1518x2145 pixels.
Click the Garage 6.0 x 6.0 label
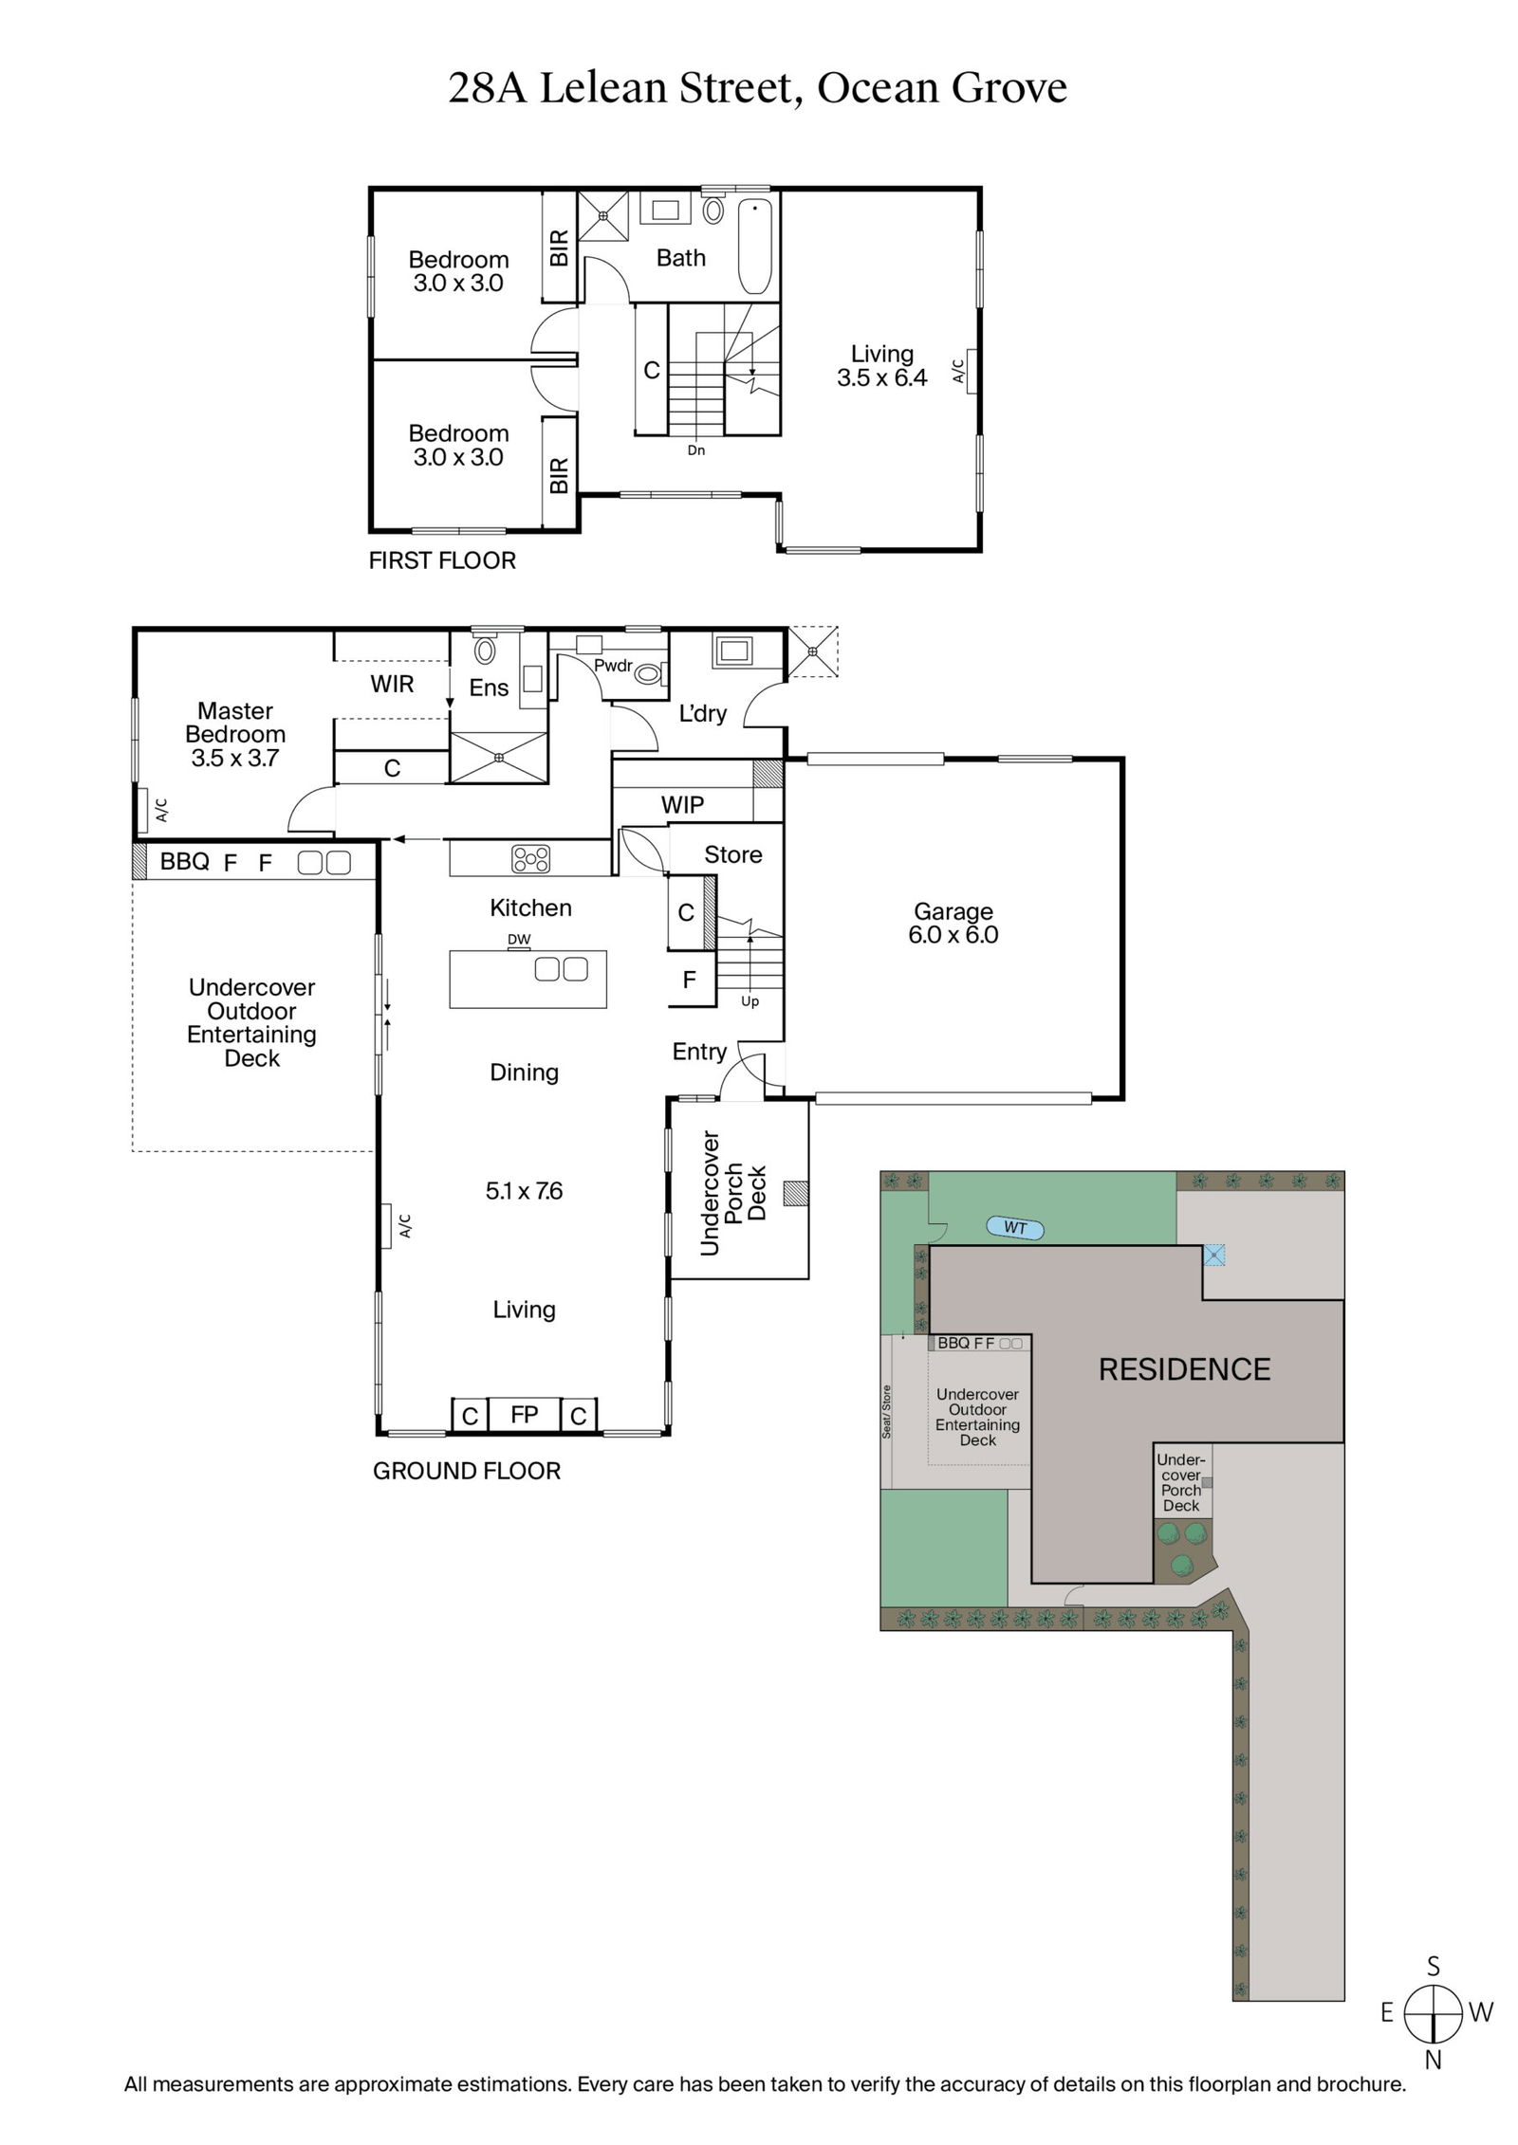click(953, 923)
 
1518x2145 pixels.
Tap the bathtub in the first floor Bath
click(756, 246)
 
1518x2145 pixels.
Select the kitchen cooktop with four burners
click(530, 858)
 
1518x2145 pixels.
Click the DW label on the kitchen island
click(519, 940)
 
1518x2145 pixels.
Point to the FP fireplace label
click(524, 1414)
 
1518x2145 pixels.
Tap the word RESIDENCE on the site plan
click(1184, 1369)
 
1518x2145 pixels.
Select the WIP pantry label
click(682, 805)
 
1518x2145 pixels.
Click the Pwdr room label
click(613, 666)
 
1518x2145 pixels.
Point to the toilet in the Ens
click(485, 649)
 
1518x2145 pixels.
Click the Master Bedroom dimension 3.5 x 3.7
click(235, 758)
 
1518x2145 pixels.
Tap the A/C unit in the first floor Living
click(969, 371)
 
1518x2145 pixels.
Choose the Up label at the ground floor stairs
click(750, 1001)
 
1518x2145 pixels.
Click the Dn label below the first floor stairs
click(696, 450)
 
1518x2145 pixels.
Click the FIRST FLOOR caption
click(442, 560)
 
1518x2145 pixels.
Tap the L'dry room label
click(702, 713)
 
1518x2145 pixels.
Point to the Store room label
click(732, 854)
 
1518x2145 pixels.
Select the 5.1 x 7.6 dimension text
click(524, 1190)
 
